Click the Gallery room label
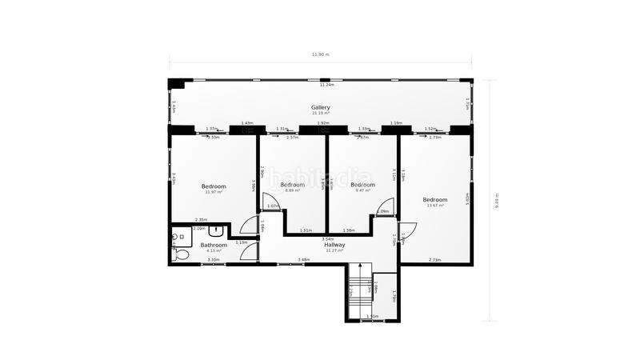[x=320, y=107]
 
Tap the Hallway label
[x=334, y=245]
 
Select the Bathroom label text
[x=214, y=245]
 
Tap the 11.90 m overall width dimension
[x=320, y=54]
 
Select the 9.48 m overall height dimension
[x=496, y=199]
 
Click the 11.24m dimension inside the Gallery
[x=326, y=85]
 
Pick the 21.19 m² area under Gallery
[x=320, y=114]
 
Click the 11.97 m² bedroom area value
[x=213, y=192]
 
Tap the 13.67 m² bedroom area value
[x=434, y=206]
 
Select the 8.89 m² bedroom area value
[x=293, y=190]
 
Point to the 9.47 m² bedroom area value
[x=362, y=190]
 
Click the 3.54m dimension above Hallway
[x=328, y=238]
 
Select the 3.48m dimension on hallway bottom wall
[x=304, y=259]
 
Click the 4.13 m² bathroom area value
[x=214, y=251]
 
